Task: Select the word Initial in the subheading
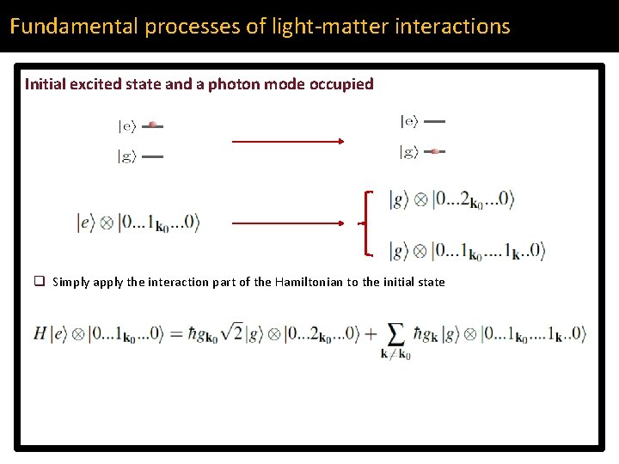tap(44, 84)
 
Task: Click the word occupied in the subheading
tap(343, 84)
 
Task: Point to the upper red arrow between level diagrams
tap(288, 141)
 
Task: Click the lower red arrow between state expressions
tap(288, 223)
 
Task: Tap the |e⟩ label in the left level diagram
tap(126, 126)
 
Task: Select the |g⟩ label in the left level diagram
tap(126, 156)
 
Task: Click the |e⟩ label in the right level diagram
tap(408, 122)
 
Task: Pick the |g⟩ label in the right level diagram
tap(408, 152)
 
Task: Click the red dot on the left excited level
tap(152, 125)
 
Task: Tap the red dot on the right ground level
tap(435, 151)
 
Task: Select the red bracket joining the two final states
tap(369, 223)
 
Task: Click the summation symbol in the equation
tap(396, 333)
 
